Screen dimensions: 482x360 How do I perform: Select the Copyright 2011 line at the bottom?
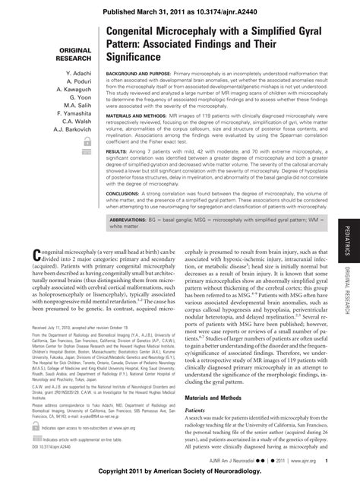pyautogui.click(x=180, y=474)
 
